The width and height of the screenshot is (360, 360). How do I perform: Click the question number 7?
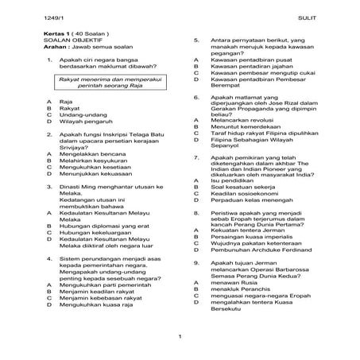[196, 157]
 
